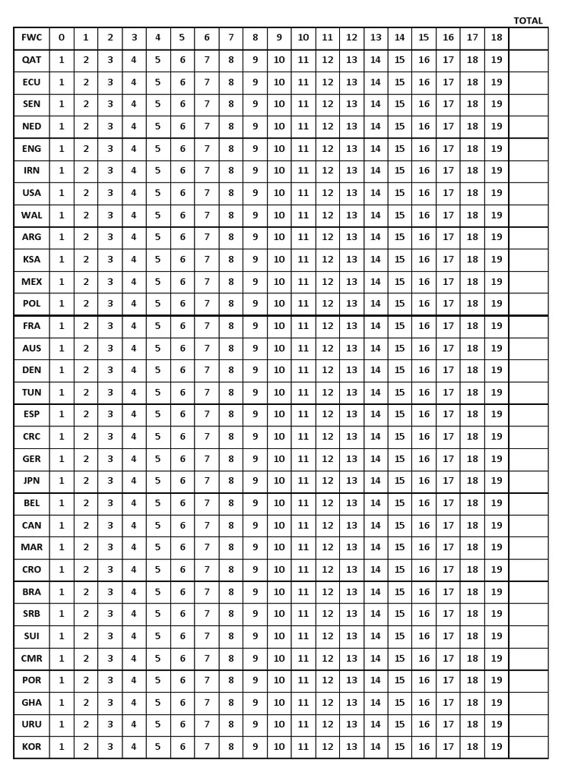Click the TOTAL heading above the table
528,21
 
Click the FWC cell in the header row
32,37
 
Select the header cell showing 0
62,37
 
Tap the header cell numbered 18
497,37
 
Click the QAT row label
32,59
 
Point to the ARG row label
32,237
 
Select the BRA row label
32,592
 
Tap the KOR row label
32,747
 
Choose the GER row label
32,459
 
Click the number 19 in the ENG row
497,149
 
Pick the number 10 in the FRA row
279,326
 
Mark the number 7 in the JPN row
206,481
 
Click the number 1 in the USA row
62,193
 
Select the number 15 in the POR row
400,680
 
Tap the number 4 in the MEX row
134,282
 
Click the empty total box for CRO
528,569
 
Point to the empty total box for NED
528,126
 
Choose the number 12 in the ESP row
327,415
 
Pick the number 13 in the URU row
351,725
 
